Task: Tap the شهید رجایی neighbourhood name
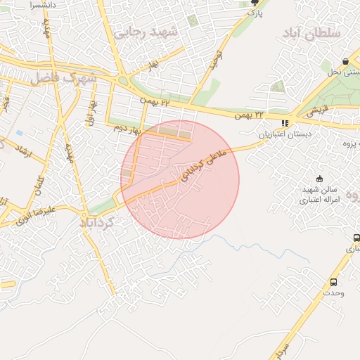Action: click(148, 32)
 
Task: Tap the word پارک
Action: click(255, 13)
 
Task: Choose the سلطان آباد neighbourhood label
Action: click(312, 34)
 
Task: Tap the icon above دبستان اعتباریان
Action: click(284, 123)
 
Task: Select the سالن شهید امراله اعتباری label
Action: click(320, 194)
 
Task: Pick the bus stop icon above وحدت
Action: click(333, 282)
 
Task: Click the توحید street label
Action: click(214, 60)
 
